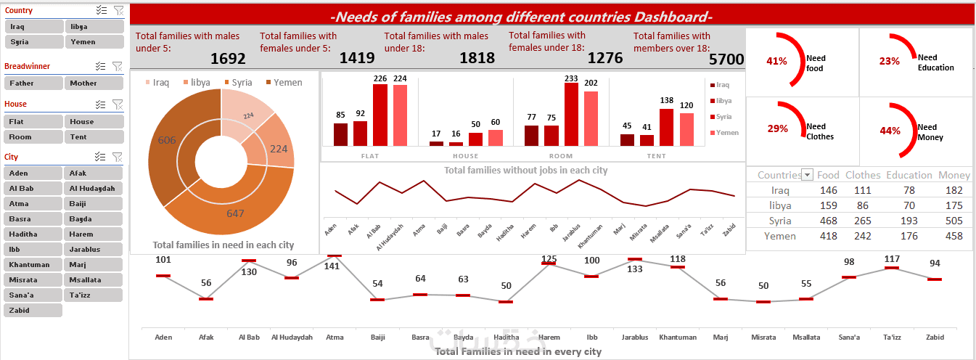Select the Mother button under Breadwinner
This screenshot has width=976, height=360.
(93, 83)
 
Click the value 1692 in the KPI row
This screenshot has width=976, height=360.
(229, 59)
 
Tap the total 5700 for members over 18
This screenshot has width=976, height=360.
(726, 60)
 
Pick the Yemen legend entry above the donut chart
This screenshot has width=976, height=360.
(284, 83)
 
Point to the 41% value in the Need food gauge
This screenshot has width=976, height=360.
(776, 62)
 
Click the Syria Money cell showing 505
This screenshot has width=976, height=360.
(954, 221)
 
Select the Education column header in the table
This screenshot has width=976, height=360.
(909, 175)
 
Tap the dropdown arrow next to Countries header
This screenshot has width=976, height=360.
(807, 175)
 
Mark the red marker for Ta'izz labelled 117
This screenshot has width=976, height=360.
(892, 269)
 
